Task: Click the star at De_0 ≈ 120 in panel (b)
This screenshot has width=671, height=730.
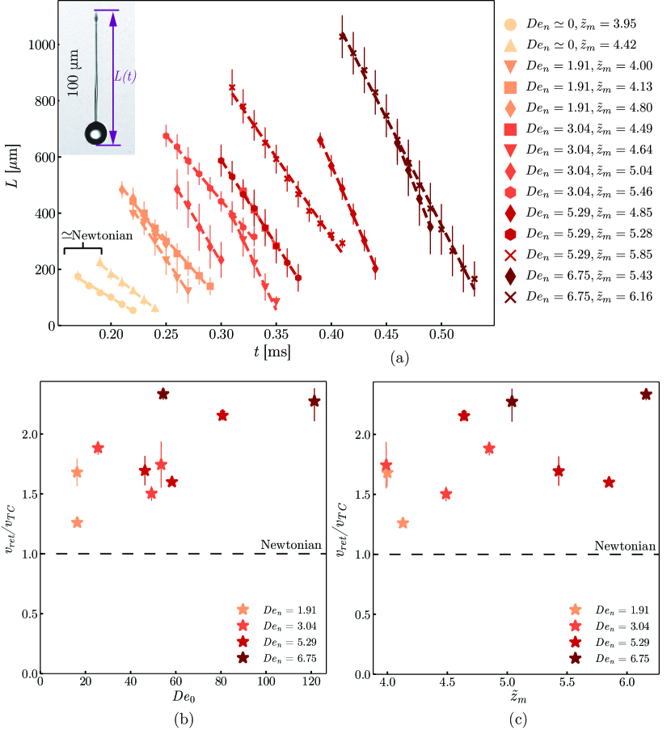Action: (314, 402)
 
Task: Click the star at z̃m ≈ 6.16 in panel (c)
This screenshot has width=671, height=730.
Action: (646, 394)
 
